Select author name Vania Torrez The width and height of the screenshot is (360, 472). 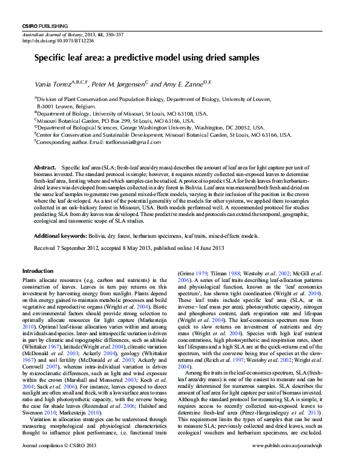point(51,83)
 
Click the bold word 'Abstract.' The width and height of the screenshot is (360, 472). point(45,166)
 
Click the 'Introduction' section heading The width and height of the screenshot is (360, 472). point(38,270)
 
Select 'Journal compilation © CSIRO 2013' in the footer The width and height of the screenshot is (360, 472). point(58,463)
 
